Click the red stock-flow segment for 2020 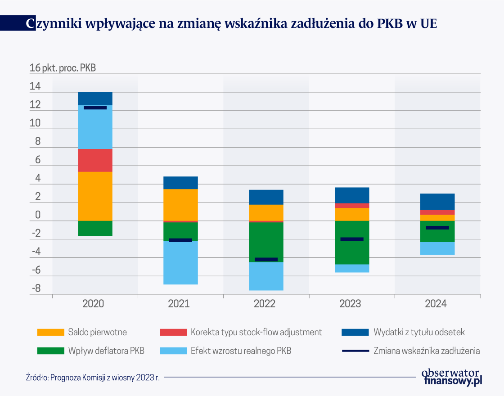(95, 160)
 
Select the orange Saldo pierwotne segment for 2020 (95, 196)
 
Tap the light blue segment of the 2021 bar (180, 263)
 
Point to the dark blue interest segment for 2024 (437, 202)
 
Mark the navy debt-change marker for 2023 (352, 239)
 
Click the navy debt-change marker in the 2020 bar (95, 108)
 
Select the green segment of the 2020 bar (95, 229)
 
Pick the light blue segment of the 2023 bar (352, 268)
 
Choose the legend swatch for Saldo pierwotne (50, 333)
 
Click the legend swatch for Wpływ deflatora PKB (50, 351)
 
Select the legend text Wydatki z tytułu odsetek (419, 333)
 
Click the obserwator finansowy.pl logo (451, 377)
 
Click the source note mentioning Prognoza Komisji (93, 378)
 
